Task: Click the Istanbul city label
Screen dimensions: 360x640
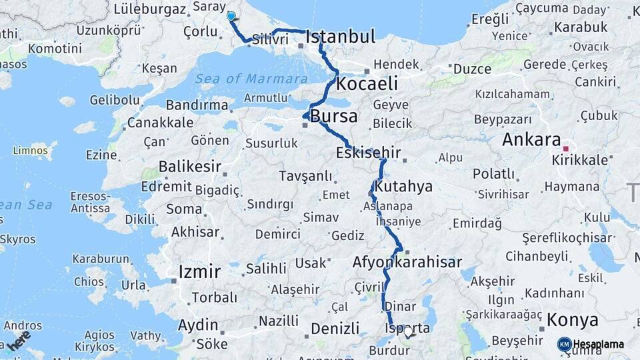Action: coord(341,36)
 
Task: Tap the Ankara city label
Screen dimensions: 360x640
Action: coord(531,140)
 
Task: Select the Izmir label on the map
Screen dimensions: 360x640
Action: coord(199,271)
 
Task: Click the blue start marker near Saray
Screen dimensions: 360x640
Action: coord(231,16)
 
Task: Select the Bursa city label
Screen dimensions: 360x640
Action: coord(334,116)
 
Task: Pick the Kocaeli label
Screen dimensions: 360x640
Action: coord(367,84)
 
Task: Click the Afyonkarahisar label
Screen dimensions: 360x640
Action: coord(407,262)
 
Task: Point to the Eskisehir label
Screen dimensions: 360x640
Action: coord(368,153)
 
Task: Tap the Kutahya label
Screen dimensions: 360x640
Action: coord(403,186)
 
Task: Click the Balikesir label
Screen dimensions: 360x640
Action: coord(189,166)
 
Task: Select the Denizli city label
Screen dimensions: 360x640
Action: coord(335,329)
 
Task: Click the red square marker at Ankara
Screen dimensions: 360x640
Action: coord(565,149)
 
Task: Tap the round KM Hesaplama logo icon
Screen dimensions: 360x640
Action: coord(564,344)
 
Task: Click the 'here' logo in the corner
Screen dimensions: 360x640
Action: coord(18,341)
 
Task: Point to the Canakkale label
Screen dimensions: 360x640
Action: coord(160,123)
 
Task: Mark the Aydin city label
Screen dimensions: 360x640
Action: coord(198,325)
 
